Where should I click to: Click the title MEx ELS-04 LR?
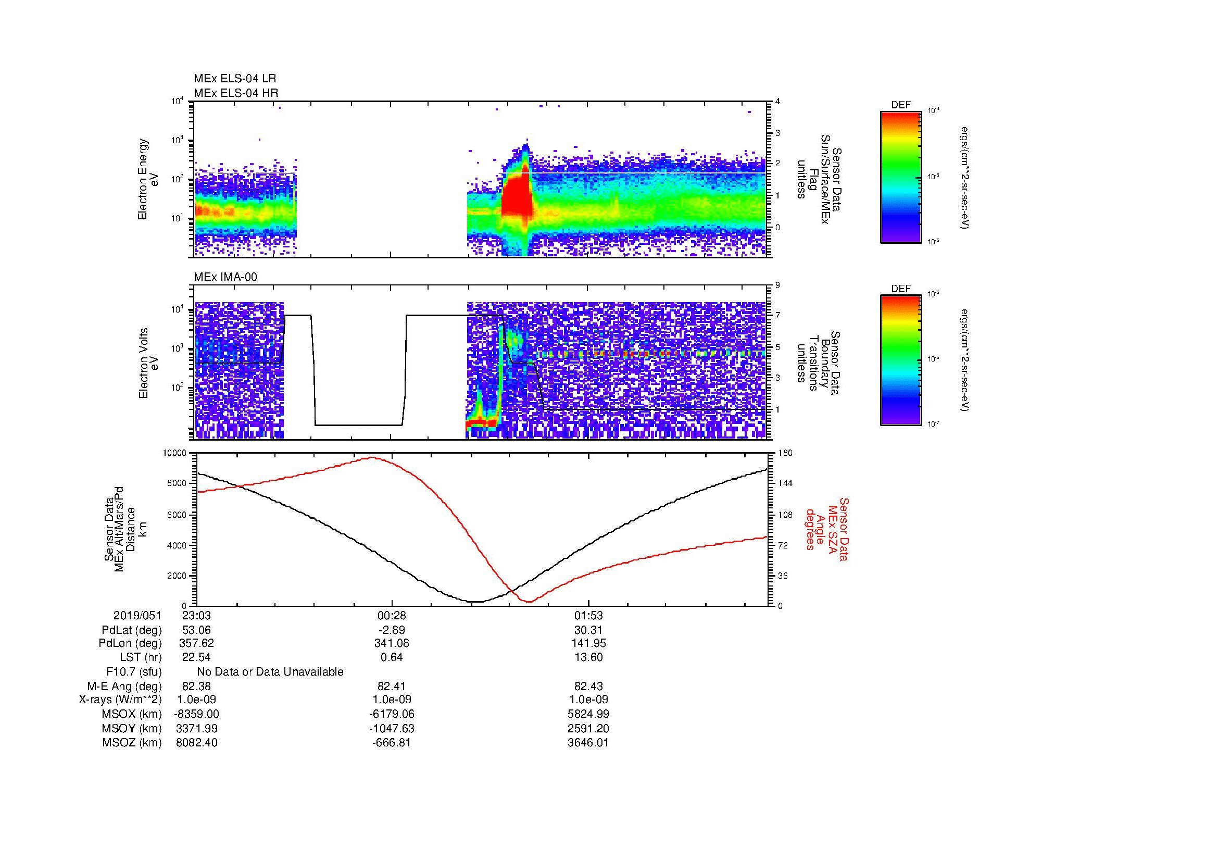point(235,79)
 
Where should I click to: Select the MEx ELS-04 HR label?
point(236,93)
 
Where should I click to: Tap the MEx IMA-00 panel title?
point(225,277)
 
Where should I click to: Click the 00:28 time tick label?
point(392,616)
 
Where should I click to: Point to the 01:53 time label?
point(588,616)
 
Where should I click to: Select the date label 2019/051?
point(137,616)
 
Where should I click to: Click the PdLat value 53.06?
point(196,630)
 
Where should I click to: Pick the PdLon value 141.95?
point(588,643)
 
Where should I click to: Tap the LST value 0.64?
point(392,657)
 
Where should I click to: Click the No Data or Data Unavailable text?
point(270,672)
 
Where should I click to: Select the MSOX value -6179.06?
point(392,714)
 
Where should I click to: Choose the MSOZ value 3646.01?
point(588,743)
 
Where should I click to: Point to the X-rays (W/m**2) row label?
point(120,700)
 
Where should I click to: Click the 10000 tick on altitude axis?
point(174,453)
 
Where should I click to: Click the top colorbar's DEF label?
point(901,105)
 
